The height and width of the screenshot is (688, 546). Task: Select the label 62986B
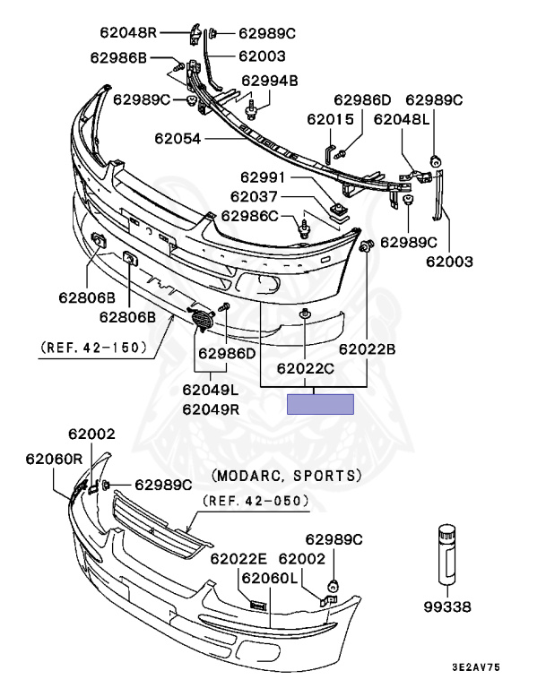117,58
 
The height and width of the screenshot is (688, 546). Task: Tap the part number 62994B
270,80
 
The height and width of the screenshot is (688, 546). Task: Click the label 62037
256,197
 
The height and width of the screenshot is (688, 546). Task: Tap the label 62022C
306,367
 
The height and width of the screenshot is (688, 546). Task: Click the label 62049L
211,390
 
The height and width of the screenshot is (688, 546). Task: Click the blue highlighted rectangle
321,404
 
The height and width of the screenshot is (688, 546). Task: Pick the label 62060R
53,458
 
